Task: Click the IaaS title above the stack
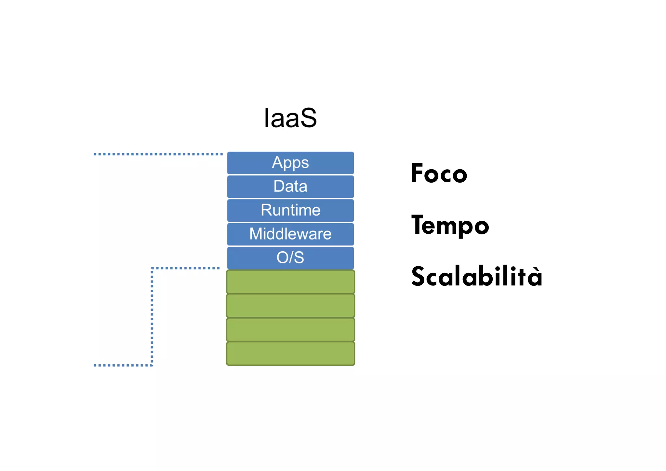tap(290, 118)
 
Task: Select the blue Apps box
tap(290, 163)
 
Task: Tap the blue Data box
tap(290, 187)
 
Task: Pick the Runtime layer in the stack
tap(290, 210)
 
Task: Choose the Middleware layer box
tap(290, 234)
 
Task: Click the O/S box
tap(290, 258)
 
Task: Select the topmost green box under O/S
tap(290, 282)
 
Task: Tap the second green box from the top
tap(290, 306)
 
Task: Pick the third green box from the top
tap(290, 329)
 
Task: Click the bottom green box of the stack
tap(290, 353)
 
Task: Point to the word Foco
tap(439, 173)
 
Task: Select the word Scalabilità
tap(476, 276)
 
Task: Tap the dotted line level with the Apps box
tap(158, 154)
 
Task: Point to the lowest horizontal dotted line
tap(123, 365)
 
